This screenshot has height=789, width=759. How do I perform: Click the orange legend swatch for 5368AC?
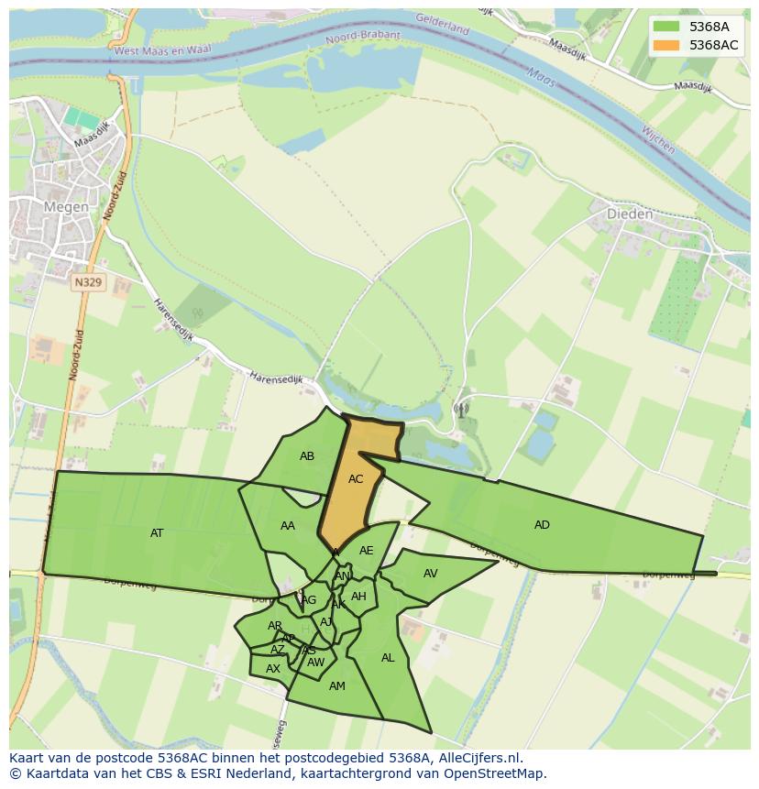tap(666, 45)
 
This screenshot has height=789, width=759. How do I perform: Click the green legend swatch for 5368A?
tap(666, 27)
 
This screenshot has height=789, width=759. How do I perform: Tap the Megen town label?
tap(67, 207)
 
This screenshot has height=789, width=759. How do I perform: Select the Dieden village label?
tap(630, 214)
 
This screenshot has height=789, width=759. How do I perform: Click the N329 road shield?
tap(88, 283)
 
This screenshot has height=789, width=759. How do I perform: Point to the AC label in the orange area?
tap(356, 479)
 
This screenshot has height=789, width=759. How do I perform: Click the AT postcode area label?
tap(157, 533)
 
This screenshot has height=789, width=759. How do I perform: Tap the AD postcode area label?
tap(542, 525)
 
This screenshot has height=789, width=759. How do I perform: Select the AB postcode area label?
tap(307, 456)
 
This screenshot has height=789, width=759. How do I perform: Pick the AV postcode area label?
tap(430, 574)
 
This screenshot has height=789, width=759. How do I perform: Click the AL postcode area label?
tap(388, 658)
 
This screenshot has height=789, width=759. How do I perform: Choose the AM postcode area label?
tap(336, 686)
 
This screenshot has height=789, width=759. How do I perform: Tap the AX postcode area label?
tap(272, 669)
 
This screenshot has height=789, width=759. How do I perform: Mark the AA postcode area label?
tap(288, 526)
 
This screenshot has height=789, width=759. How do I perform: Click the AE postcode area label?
tap(366, 551)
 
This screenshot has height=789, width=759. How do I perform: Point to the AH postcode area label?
tap(358, 597)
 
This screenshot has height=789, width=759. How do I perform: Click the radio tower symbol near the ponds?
tap(460, 410)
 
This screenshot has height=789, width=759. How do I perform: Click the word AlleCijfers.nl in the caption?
tap(476, 758)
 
